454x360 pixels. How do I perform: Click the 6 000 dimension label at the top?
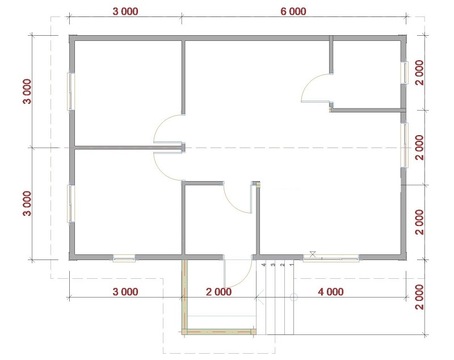[293, 11]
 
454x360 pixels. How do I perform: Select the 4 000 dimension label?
[331, 292]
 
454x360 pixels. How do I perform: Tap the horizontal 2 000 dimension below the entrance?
[218, 292]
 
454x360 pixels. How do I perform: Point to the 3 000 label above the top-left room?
[125, 11]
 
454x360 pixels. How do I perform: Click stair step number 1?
[292, 265]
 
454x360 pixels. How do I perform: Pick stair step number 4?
[263, 265]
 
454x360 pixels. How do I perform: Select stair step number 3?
[273, 265]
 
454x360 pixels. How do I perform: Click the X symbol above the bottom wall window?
[313, 254]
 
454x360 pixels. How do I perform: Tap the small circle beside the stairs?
[293, 297]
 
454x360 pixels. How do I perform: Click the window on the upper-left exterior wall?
[71, 91]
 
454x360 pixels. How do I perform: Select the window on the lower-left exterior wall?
[71, 204]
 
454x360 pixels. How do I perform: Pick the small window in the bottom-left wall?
[124, 258]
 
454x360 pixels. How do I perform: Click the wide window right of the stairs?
[331, 258]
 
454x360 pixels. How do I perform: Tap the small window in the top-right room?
[404, 73]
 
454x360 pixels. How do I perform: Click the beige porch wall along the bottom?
[219, 332]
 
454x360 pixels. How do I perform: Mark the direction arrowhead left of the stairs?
[260, 297]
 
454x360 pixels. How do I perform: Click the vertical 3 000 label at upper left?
[27, 91]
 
